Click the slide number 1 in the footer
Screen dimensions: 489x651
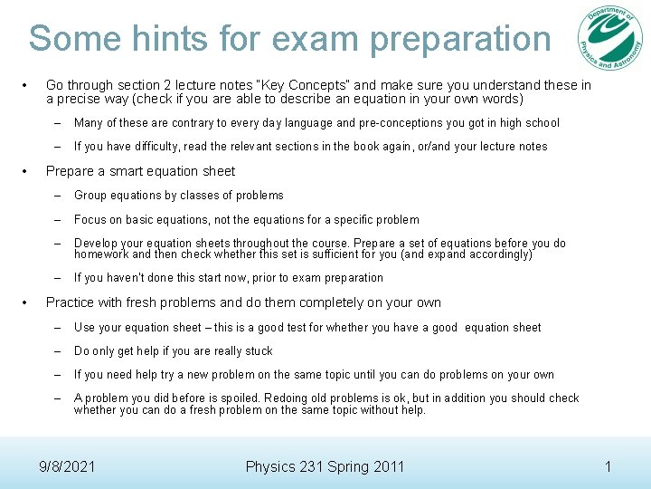coord(609,467)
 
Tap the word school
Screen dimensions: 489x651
coord(541,123)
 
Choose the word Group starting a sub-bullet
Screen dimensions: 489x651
coord(92,196)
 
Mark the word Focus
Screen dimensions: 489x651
coord(91,220)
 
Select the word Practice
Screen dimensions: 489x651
coord(71,302)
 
